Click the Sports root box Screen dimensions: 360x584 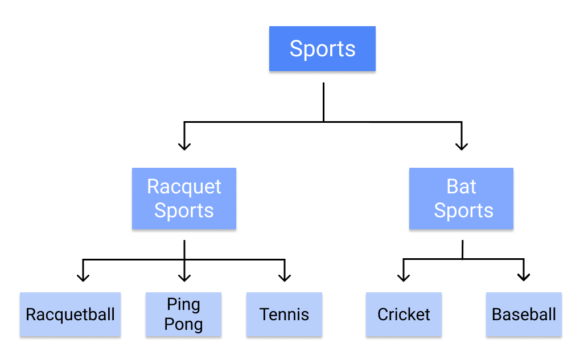tap(322, 49)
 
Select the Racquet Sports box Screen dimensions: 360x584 tap(184, 198)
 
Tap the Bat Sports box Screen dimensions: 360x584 tap(461, 198)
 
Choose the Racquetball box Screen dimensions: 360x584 tap(70, 315)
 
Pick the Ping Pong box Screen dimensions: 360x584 tap(184, 315)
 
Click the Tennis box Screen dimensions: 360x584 tap(284, 315)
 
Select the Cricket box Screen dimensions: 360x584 tap(404, 315)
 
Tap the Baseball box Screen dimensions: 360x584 tap(524, 315)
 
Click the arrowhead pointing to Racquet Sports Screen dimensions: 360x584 tap(184, 146)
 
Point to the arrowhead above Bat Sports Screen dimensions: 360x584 tap(462, 146)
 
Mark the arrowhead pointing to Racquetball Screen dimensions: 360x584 tap(83, 277)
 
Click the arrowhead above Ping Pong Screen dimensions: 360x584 tap(184, 277)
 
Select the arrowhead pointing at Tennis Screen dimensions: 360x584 tap(285, 277)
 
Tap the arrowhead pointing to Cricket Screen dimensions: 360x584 tap(404, 277)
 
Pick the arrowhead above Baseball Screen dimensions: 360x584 tap(524, 277)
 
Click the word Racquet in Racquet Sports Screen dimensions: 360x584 tap(184, 187)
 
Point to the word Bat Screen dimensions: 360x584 tap(462, 187)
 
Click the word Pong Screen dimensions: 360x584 tap(184, 325)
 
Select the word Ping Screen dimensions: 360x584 tap(184, 304)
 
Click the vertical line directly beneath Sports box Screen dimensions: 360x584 tap(323, 102)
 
